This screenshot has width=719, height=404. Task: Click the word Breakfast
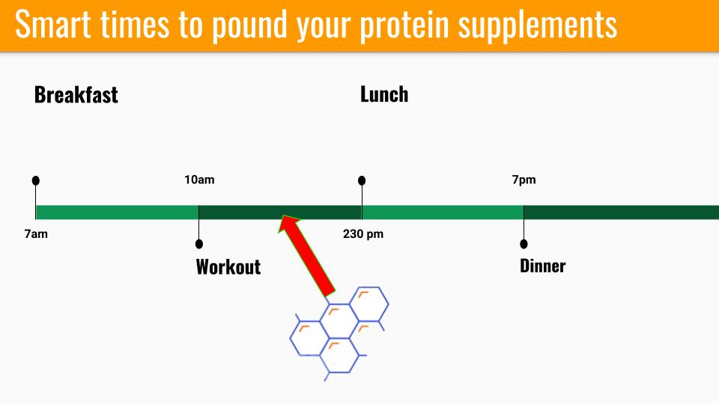(x=76, y=95)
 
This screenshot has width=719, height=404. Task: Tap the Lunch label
(x=384, y=94)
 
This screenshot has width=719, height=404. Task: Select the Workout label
(x=228, y=267)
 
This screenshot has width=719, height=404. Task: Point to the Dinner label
(x=542, y=266)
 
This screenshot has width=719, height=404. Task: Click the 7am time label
(x=36, y=234)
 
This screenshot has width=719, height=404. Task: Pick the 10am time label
(x=199, y=180)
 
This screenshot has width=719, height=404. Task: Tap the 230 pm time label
(x=363, y=234)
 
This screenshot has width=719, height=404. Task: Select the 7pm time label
(x=524, y=180)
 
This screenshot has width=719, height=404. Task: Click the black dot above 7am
(x=36, y=180)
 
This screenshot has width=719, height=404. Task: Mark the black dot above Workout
(x=199, y=244)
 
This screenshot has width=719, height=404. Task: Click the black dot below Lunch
(x=362, y=180)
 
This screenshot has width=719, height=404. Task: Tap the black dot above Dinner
(x=524, y=244)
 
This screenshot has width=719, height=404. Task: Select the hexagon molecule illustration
(x=339, y=334)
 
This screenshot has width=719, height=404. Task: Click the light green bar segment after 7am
(x=118, y=212)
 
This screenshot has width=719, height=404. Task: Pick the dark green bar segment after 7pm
(x=622, y=212)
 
